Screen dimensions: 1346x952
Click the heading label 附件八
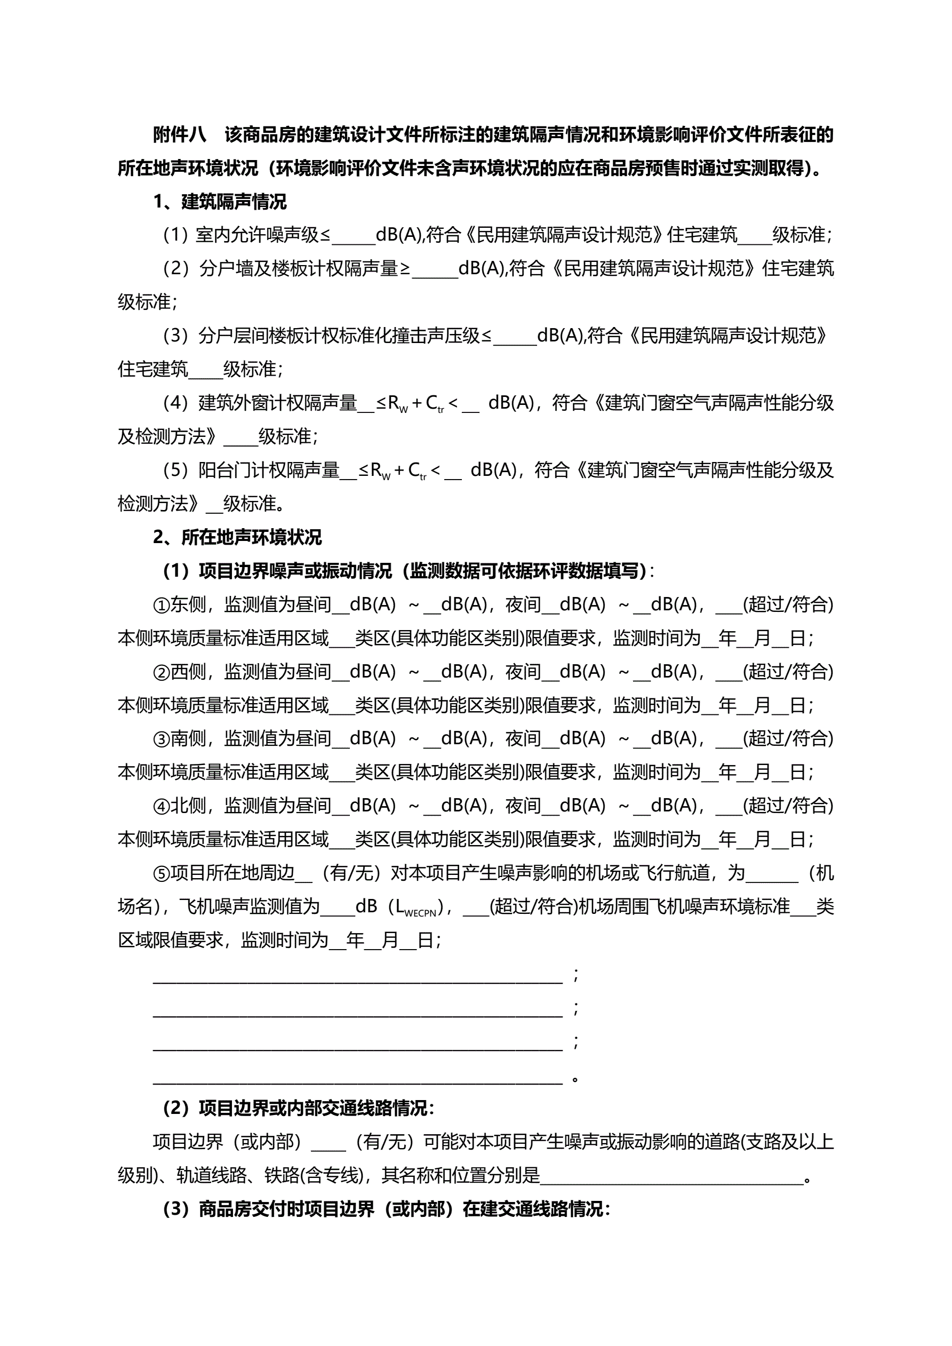(x=179, y=136)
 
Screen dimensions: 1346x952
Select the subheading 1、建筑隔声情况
(x=220, y=202)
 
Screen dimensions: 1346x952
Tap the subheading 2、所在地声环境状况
(x=237, y=538)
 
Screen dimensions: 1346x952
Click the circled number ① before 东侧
(x=161, y=605)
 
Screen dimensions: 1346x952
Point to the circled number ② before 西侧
(x=161, y=672)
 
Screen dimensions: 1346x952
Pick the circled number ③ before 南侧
(x=161, y=739)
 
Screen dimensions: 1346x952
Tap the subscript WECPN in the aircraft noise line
(x=420, y=913)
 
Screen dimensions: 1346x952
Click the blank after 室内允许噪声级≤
(x=353, y=236)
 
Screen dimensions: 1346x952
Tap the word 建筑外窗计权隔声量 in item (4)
(x=278, y=403)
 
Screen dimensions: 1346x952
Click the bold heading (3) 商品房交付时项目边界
(x=386, y=1209)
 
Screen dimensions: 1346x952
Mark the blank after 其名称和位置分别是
(x=672, y=1176)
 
